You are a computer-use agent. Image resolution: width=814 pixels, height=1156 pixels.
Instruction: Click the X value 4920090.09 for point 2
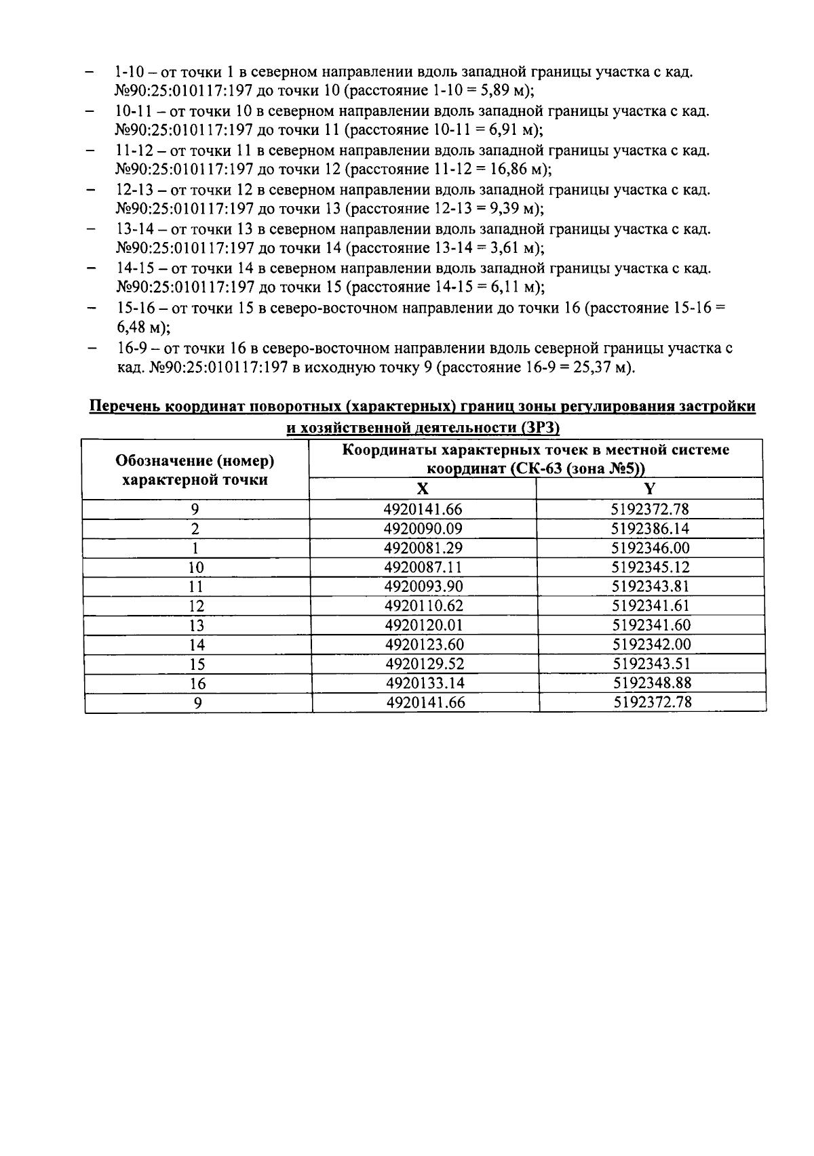coord(423,529)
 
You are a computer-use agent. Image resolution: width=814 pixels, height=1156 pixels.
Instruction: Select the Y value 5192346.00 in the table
coord(650,548)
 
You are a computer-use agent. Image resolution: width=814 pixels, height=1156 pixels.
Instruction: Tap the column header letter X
coord(422,490)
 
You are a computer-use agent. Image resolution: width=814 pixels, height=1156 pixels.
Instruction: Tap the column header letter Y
coord(649,490)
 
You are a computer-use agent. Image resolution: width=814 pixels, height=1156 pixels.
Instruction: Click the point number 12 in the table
coord(196,606)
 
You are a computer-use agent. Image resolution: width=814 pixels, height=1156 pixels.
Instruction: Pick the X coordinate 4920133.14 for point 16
coord(425,683)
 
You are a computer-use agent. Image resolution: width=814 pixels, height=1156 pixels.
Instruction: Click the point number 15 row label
coord(197,664)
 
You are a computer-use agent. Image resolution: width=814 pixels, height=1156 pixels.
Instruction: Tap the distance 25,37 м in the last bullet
coord(598,368)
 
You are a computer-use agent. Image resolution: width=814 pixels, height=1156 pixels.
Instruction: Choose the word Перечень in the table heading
coord(125,407)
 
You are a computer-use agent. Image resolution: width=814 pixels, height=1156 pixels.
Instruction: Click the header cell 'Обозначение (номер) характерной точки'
coord(195,470)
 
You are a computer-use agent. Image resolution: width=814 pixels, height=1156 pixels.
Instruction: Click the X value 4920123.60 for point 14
coord(425,644)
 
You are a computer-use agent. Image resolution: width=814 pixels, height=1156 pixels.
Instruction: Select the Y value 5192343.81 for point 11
coord(651,586)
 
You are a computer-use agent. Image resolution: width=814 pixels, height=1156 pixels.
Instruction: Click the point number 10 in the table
coord(196,567)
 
